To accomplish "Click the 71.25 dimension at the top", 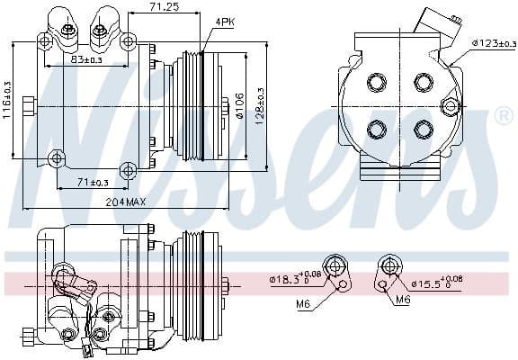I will [163, 7].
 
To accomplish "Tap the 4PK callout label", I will [226, 21].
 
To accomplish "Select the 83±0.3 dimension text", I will [86, 59].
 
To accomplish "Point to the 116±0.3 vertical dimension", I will [8, 104].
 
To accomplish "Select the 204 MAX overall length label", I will [124, 202].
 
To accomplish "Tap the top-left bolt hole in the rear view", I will [376, 83].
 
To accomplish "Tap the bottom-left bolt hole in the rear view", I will [376, 129].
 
